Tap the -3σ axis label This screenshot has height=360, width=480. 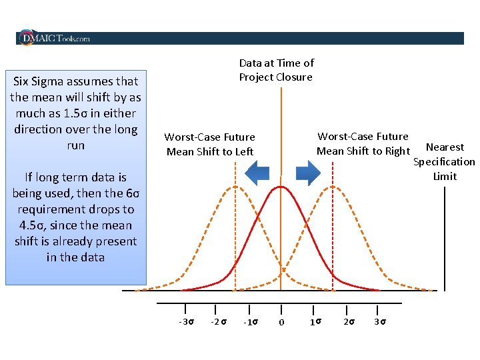pos(187,322)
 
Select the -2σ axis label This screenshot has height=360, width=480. pos(218,322)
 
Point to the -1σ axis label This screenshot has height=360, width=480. pos(251,323)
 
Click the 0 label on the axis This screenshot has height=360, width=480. pos(281,323)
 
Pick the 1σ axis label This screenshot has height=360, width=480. pos(316,322)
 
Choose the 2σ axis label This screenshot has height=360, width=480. pos(349,322)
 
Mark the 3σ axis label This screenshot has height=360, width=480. pos(380,322)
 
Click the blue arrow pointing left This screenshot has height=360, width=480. pos(257,173)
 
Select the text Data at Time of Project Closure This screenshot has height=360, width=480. pos(276,70)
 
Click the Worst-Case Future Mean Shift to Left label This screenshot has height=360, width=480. pos(209,144)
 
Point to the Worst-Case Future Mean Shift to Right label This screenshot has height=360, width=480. pos(363,143)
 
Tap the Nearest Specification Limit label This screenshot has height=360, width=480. pos(445,161)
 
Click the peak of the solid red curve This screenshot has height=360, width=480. pos(281,187)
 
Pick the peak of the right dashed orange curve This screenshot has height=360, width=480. pos(332,187)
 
